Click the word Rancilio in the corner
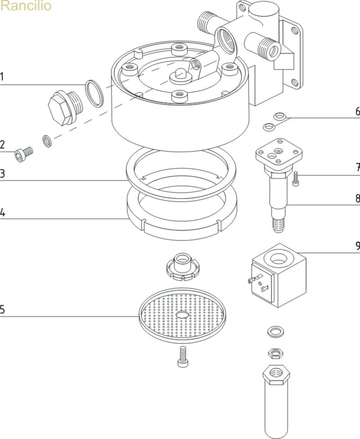pyautogui.click(x=26, y=6)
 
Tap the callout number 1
pyautogui.click(x=2, y=77)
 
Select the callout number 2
pyautogui.click(x=2, y=145)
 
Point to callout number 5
pyautogui.click(x=2, y=309)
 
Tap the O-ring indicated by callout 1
pyautogui.click(x=94, y=94)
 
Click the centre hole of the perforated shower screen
pyautogui.click(x=182, y=315)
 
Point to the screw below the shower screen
pyautogui.click(x=182, y=356)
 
